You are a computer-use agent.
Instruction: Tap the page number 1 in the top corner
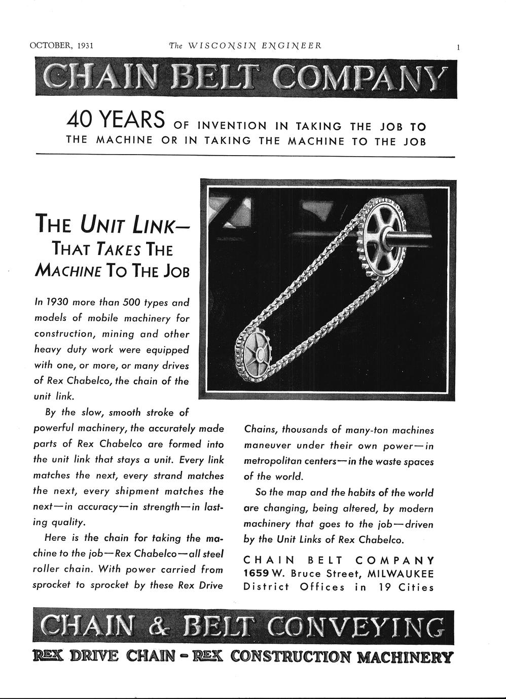(x=458, y=47)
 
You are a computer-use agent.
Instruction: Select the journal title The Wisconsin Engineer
(x=245, y=46)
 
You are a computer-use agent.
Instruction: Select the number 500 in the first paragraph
(x=129, y=302)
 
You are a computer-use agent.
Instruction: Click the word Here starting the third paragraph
(x=56, y=538)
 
